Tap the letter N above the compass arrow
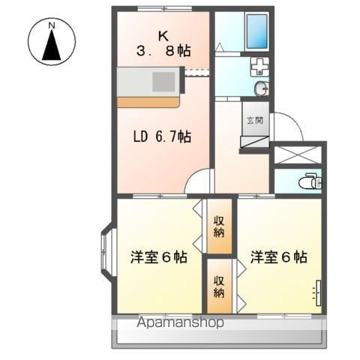pos(51,25)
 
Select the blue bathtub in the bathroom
pos(257,31)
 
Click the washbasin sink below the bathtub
pos(259,67)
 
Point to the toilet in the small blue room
pos(309,181)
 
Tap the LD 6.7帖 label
pos(162,136)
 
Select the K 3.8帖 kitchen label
pos(163,43)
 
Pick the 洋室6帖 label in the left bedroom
pos(158,257)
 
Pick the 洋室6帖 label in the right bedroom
pos(278,257)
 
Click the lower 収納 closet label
pos(219,286)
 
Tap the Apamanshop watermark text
pos(181,323)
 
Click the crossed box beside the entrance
pos(297,153)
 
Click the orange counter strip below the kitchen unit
pos(148,101)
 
